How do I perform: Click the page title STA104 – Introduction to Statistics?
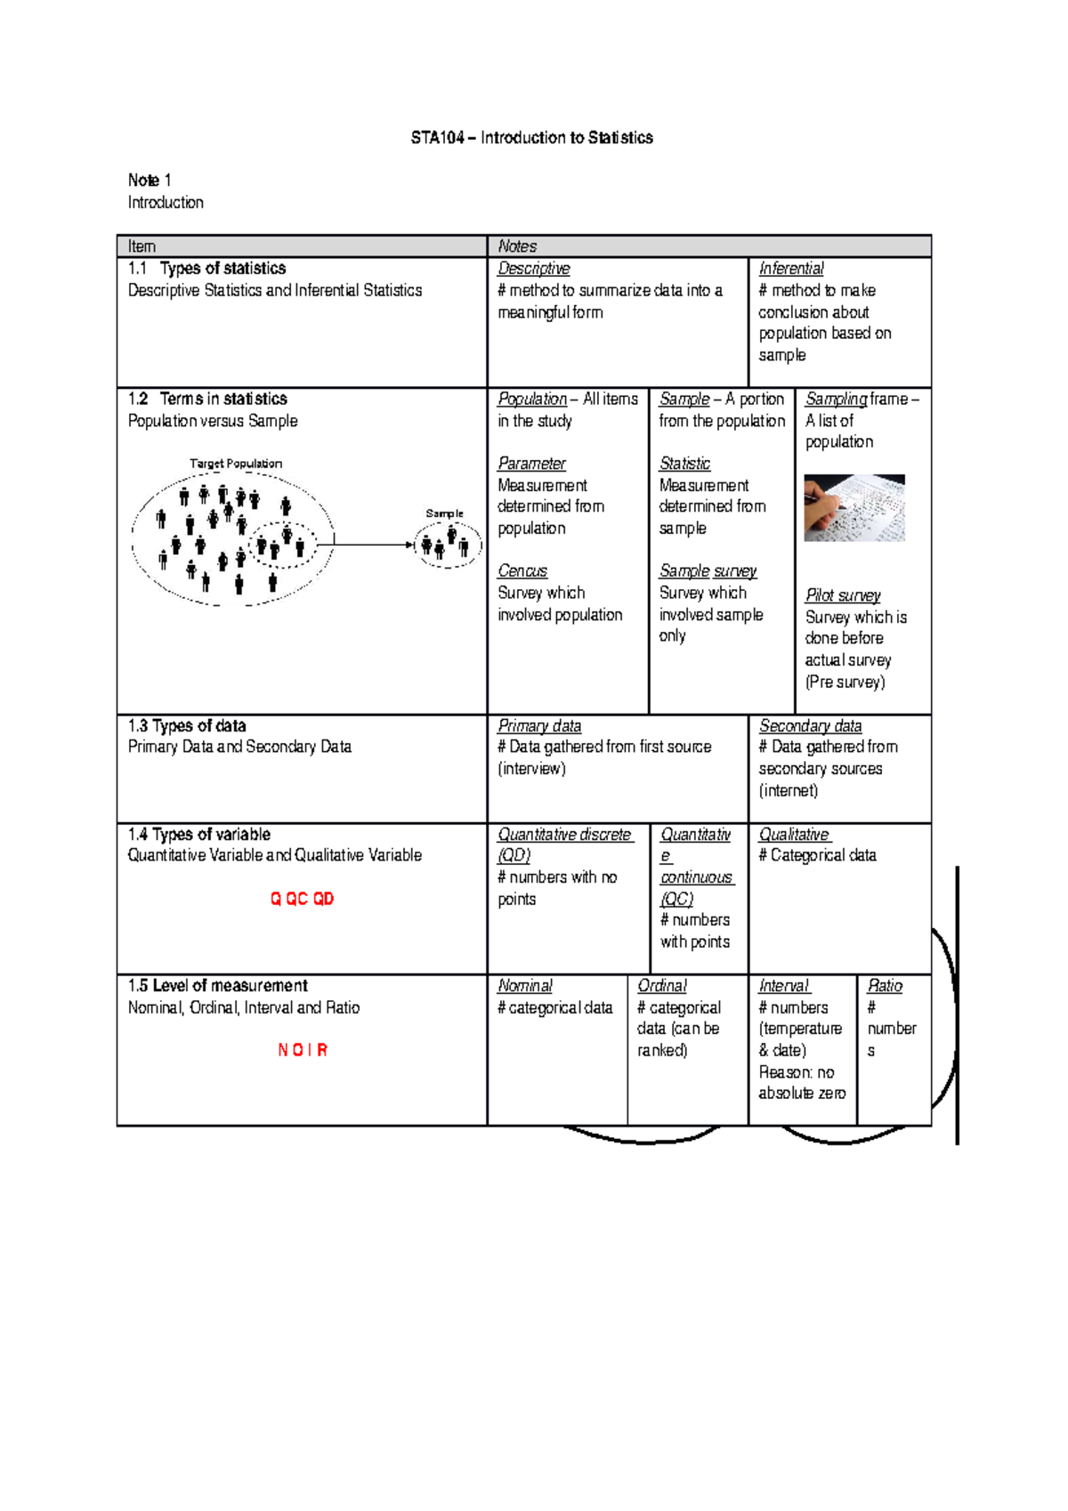pos(531,138)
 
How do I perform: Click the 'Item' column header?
pos(142,246)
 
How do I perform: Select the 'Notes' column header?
pos(517,246)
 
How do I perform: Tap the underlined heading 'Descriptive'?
pos(534,269)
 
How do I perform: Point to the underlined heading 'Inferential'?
pos(791,269)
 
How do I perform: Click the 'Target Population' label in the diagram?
pos(236,464)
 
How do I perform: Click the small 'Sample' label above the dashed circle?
pos(444,513)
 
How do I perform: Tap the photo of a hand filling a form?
pos(854,507)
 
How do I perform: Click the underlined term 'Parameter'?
pos(531,464)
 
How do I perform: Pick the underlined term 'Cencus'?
pos(522,571)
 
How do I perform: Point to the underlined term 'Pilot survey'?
pos(843,595)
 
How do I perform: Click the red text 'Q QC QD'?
pos(302,899)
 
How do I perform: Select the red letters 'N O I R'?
pos(303,1050)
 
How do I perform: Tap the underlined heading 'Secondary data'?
pos(810,726)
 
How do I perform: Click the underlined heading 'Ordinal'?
pos(662,986)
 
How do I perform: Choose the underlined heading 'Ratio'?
pos(885,986)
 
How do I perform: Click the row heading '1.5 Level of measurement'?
pos(217,986)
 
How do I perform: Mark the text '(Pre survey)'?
pos(845,683)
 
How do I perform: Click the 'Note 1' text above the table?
pos(150,181)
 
